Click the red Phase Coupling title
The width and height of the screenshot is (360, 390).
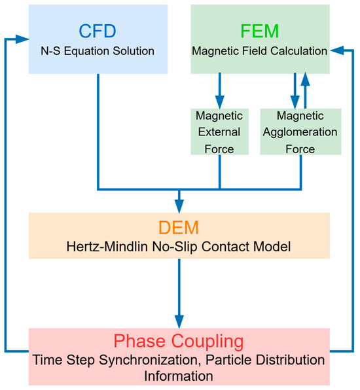[x=179, y=341]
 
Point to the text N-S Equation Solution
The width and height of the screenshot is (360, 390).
[x=98, y=50]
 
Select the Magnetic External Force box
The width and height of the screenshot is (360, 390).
[x=219, y=132]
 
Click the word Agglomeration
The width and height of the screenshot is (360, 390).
[x=299, y=132]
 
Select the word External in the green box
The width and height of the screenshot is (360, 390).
[x=219, y=132]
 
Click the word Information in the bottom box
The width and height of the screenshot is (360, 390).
[x=179, y=377]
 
